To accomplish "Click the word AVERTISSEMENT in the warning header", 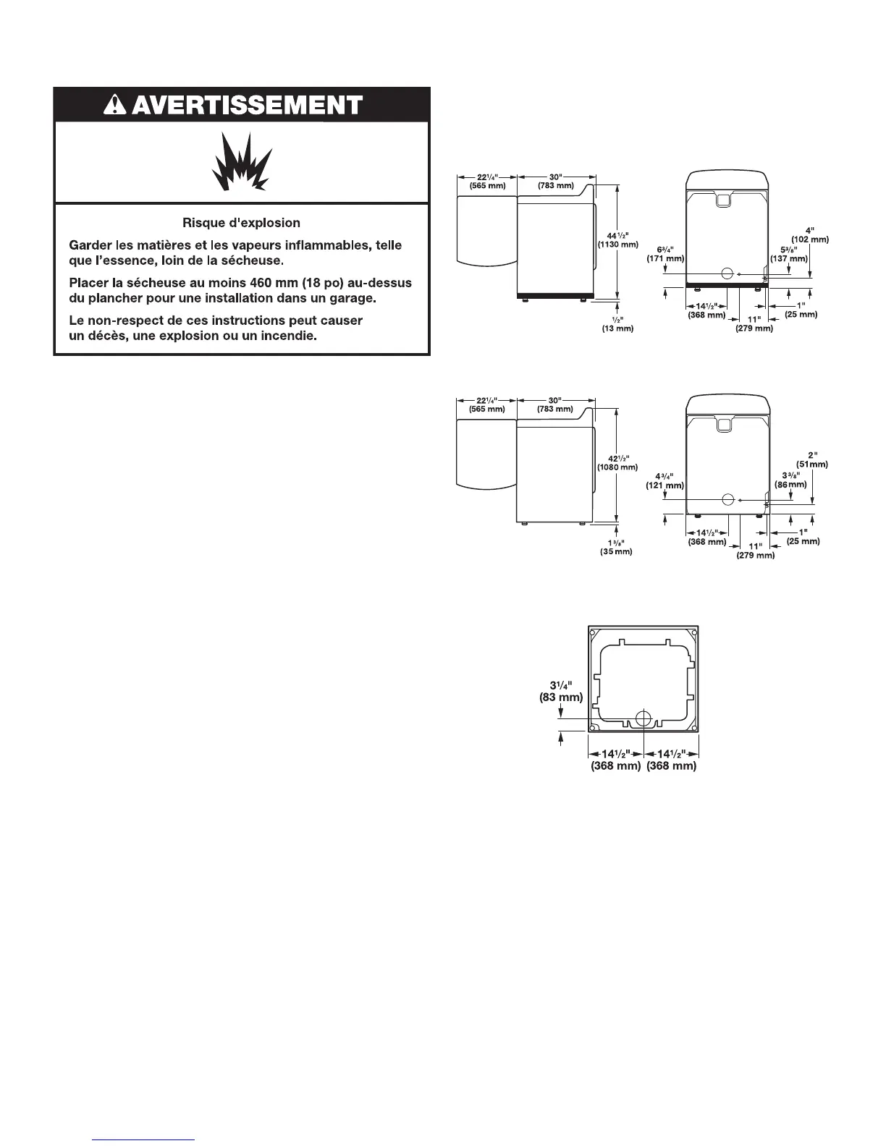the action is pos(248,106).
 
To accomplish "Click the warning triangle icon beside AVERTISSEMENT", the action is pos(116,106).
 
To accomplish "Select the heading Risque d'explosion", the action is pos(242,223).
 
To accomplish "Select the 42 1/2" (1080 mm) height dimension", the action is pos(617,462).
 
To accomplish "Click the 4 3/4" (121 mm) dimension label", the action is pos(664,480).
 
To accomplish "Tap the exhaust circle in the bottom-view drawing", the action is pos(643,718).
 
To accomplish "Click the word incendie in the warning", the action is pos(288,336).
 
